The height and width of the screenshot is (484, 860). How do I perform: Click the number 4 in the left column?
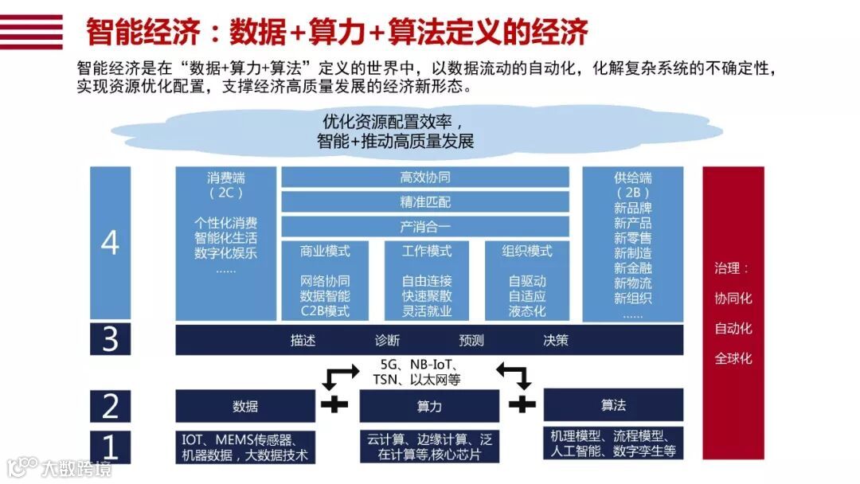(110, 243)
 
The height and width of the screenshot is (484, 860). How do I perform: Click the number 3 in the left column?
(110, 340)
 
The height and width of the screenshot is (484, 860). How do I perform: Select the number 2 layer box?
(110, 406)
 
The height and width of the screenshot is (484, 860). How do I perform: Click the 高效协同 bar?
(425, 177)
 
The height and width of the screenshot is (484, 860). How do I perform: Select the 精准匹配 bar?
(425, 201)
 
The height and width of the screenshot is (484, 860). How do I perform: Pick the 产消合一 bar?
(425, 227)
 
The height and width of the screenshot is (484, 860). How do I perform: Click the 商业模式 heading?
(325, 252)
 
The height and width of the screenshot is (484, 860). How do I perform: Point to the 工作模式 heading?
(426, 252)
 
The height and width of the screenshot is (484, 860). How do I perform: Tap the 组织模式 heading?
(527, 252)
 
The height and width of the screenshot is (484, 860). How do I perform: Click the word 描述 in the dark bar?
(303, 341)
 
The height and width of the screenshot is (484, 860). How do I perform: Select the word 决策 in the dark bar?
(556, 341)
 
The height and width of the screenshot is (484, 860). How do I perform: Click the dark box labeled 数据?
(245, 406)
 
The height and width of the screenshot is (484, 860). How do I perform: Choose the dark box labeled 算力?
(429, 406)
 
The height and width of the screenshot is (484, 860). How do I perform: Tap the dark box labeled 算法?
(613, 405)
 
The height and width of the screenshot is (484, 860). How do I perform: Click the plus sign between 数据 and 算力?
(334, 404)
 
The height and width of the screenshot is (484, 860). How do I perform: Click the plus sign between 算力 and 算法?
(522, 404)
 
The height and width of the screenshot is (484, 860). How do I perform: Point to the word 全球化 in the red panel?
(733, 359)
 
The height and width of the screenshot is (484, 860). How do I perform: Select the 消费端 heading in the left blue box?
(226, 178)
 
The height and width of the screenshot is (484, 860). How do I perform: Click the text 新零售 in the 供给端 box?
(633, 238)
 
